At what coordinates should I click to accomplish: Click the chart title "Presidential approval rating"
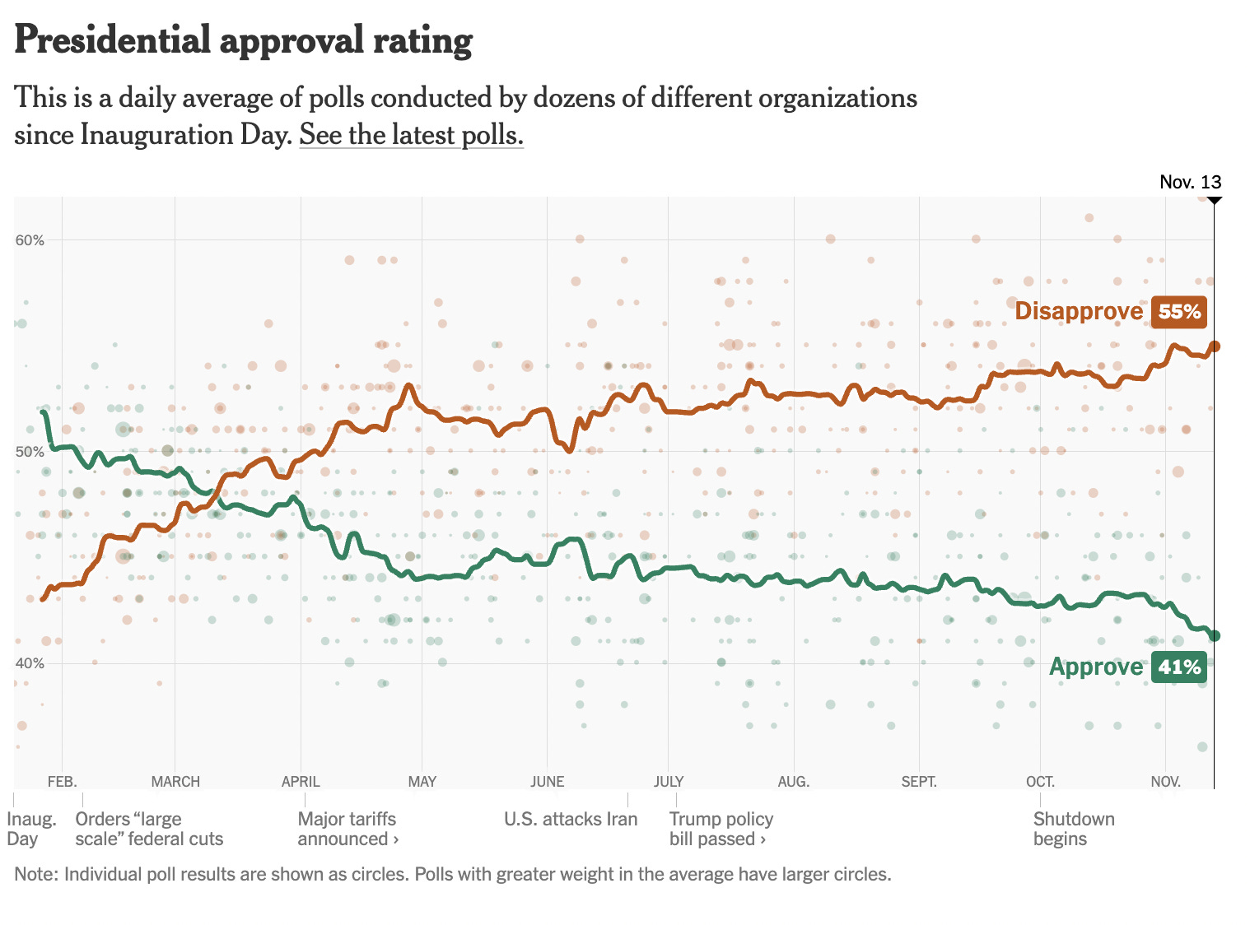[244, 40]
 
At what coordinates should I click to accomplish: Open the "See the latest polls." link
[411, 134]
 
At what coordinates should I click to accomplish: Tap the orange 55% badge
[1179, 311]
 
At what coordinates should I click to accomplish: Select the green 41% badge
[1179, 667]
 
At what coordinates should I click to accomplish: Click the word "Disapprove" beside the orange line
[1079, 311]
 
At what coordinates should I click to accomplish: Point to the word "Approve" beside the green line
[1095, 667]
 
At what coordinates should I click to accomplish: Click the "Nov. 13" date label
[1190, 182]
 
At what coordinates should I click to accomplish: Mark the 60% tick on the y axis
[30, 240]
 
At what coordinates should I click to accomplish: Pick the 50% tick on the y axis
[30, 452]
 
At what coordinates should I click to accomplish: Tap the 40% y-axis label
[30, 663]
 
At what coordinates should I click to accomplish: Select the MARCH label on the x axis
[175, 781]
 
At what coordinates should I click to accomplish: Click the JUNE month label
[547, 781]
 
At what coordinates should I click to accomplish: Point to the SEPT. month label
[919, 781]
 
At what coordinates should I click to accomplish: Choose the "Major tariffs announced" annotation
[347, 829]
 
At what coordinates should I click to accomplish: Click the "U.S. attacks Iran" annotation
[571, 819]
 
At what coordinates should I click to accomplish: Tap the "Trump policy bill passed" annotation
[721, 829]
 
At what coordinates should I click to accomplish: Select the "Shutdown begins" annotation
[1074, 829]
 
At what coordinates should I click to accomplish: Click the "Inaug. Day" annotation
[31, 829]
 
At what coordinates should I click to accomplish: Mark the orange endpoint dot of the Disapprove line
[1214, 346]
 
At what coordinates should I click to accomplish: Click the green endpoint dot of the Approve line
[1214, 635]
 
